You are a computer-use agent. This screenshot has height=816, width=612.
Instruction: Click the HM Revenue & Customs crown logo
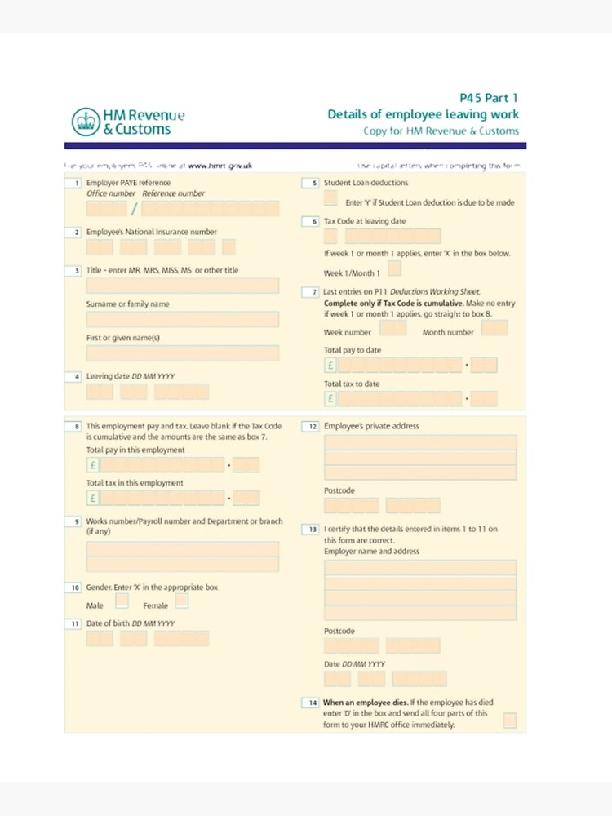[83, 122]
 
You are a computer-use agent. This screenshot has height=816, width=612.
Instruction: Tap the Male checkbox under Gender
[122, 601]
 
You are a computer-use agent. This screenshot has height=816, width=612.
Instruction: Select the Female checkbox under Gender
[181, 601]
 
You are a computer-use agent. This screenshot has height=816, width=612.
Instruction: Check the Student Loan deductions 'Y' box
[330, 198]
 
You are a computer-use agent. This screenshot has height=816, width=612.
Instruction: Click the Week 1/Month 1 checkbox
[395, 268]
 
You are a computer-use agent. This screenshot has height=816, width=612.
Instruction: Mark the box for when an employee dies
[509, 720]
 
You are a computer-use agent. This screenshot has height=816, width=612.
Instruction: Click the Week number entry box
[393, 329]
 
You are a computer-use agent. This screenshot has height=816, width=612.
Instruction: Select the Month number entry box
[494, 329]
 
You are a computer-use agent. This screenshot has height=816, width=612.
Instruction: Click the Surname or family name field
[182, 319]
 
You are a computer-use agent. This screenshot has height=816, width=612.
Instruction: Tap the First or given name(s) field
[182, 353]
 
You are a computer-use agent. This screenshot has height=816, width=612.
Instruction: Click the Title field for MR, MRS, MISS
[182, 286]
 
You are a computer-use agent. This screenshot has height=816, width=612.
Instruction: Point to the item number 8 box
[76, 426]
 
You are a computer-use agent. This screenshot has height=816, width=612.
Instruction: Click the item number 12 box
[312, 426]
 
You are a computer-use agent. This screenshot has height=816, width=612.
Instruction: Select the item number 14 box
[312, 703]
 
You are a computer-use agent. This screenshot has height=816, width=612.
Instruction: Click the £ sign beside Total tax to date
[330, 399]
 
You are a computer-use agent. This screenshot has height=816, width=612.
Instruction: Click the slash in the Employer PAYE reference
[134, 209]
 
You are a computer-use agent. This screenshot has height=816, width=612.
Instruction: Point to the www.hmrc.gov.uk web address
[220, 166]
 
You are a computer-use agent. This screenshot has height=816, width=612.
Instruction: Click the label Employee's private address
[371, 426]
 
